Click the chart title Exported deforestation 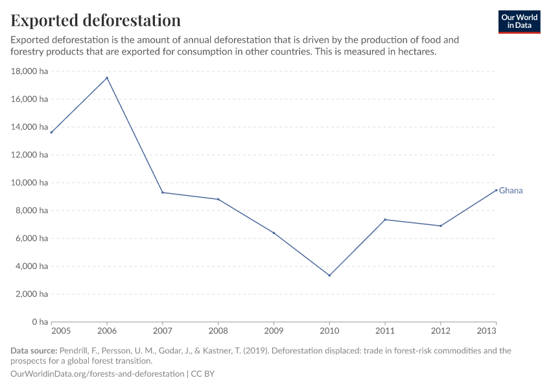(x=95, y=20)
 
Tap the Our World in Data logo (x=519, y=21)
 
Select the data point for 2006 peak (x=107, y=78)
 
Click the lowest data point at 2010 (x=329, y=276)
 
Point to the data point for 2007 (x=163, y=193)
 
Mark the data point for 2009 (x=274, y=233)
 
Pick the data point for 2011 (x=385, y=219)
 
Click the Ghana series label (x=511, y=191)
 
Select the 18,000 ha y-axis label (x=30, y=71)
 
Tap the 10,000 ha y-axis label (x=30, y=183)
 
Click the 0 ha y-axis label (x=40, y=322)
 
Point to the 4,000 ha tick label (x=32, y=266)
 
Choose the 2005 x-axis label (x=51, y=331)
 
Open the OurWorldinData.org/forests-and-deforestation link (x=97, y=374)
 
